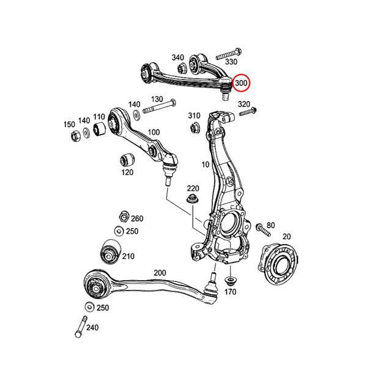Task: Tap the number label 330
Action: pyautogui.click(x=231, y=62)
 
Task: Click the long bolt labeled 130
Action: pyautogui.click(x=158, y=109)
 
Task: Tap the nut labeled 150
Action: pyautogui.click(x=73, y=135)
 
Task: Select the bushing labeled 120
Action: pyautogui.click(x=127, y=160)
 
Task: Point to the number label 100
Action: pyautogui.click(x=154, y=132)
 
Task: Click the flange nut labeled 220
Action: pyautogui.click(x=192, y=201)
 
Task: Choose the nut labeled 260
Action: pyautogui.click(x=122, y=217)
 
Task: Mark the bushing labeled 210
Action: pyautogui.click(x=109, y=251)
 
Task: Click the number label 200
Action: pyautogui.click(x=160, y=273)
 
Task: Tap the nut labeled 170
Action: pyautogui.click(x=231, y=281)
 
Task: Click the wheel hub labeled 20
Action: pyautogui.click(x=280, y=261)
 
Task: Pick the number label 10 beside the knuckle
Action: pyautogui.click(x=205, y=165)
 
